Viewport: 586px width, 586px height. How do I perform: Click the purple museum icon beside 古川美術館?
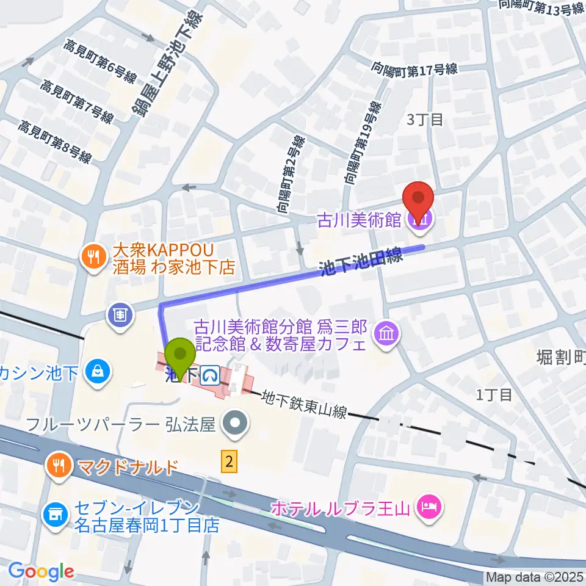(x=419, y=220)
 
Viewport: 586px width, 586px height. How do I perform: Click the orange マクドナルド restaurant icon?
(x=59, y=467)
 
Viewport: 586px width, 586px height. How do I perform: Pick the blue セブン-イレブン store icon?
(x=54, y=515)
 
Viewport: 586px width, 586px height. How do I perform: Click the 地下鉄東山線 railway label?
(x=305, y=405)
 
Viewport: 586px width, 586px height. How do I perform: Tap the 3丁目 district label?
(x=425, y=119)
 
